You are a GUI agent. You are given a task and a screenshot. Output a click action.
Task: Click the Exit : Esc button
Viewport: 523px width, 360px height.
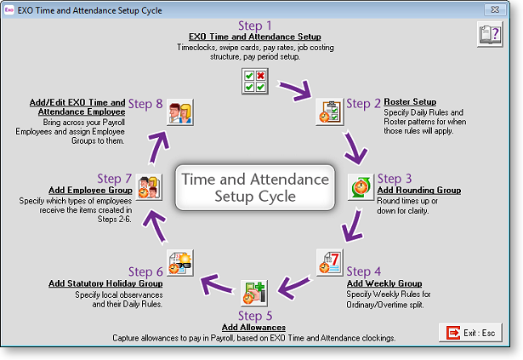point(470,333)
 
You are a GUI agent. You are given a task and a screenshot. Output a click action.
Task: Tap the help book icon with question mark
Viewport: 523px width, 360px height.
point(490,34)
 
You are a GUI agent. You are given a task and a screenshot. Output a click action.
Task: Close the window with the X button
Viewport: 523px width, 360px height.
point(495,9)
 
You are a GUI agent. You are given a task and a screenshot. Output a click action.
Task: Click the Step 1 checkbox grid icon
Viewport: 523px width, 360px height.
point(255,81)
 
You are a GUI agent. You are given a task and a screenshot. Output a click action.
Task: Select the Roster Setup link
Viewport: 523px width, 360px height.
point(410,101)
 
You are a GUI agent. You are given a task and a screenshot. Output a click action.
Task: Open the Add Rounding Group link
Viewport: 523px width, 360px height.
point(419,190)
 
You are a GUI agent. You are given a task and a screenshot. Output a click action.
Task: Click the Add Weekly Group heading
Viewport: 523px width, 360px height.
point(384,283)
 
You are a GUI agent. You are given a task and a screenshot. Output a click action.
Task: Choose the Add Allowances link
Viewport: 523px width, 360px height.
point(253,328)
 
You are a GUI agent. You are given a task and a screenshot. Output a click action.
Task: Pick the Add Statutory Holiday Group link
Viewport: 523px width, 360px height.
point(105,283)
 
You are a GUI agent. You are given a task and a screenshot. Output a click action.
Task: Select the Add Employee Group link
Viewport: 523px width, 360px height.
point(90,190)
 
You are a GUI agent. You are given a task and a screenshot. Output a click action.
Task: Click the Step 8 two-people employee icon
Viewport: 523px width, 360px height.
point(180,112)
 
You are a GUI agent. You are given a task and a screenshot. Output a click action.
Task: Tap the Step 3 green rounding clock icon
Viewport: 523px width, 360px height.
point(361,187)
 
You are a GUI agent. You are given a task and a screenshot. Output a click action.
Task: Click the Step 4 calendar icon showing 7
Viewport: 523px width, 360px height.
point(330,262)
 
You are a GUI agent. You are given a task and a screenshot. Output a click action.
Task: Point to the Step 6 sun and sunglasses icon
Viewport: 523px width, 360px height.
point(180,262)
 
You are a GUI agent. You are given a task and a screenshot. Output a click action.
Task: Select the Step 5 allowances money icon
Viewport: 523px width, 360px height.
point(254,294)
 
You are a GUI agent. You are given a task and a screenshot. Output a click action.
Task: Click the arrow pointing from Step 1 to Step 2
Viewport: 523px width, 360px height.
point(296,89)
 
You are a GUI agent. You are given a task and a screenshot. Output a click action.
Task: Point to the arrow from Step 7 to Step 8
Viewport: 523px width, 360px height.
point(158,147)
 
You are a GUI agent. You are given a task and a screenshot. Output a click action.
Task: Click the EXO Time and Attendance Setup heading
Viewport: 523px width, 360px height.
point(255,37)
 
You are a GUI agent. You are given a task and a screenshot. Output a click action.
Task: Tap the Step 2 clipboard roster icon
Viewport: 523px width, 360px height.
point(330,111)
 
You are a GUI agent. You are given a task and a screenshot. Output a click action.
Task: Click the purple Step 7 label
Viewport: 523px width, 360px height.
point(115,179)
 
